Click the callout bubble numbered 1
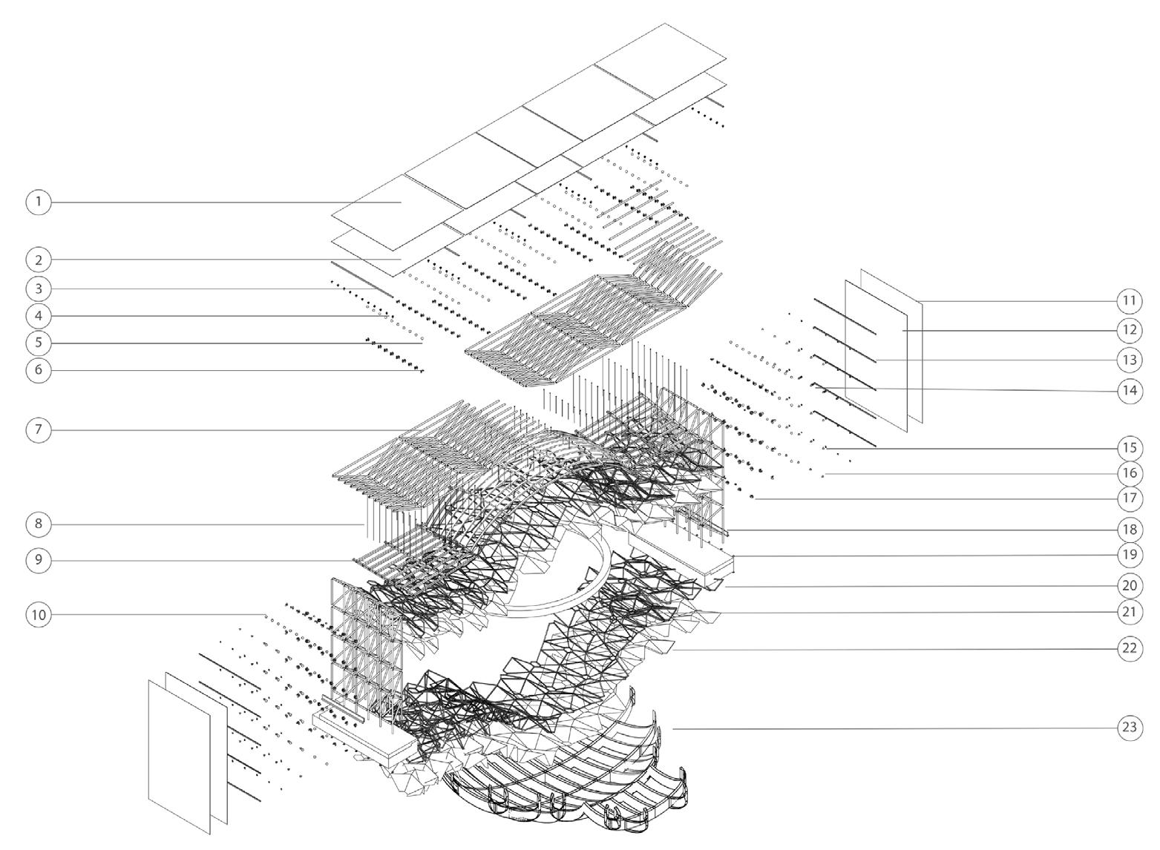(x=39, y=202)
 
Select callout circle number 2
(x=39, y=260)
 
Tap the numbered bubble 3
(x=39, y=289)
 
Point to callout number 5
(x=39, y=343)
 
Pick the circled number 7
(x=39, y=429)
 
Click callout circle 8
(x=39, y=524)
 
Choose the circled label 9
(x=39, y=560)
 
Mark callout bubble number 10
(x=39, y=615)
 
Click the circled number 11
(x=1130, y=300)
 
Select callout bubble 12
(x=1130, y=329)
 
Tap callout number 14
(x=1130, y=391)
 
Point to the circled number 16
(x=1130, y=473)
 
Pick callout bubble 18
(x=1130, y=530)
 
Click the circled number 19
(x=1130, y=555)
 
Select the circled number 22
(x=1130, y=648)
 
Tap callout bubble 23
(x=1130, y=728)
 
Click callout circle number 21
(x=1130, y=613)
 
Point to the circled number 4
(x=39, y=316)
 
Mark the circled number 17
(x=1130, y=498)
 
